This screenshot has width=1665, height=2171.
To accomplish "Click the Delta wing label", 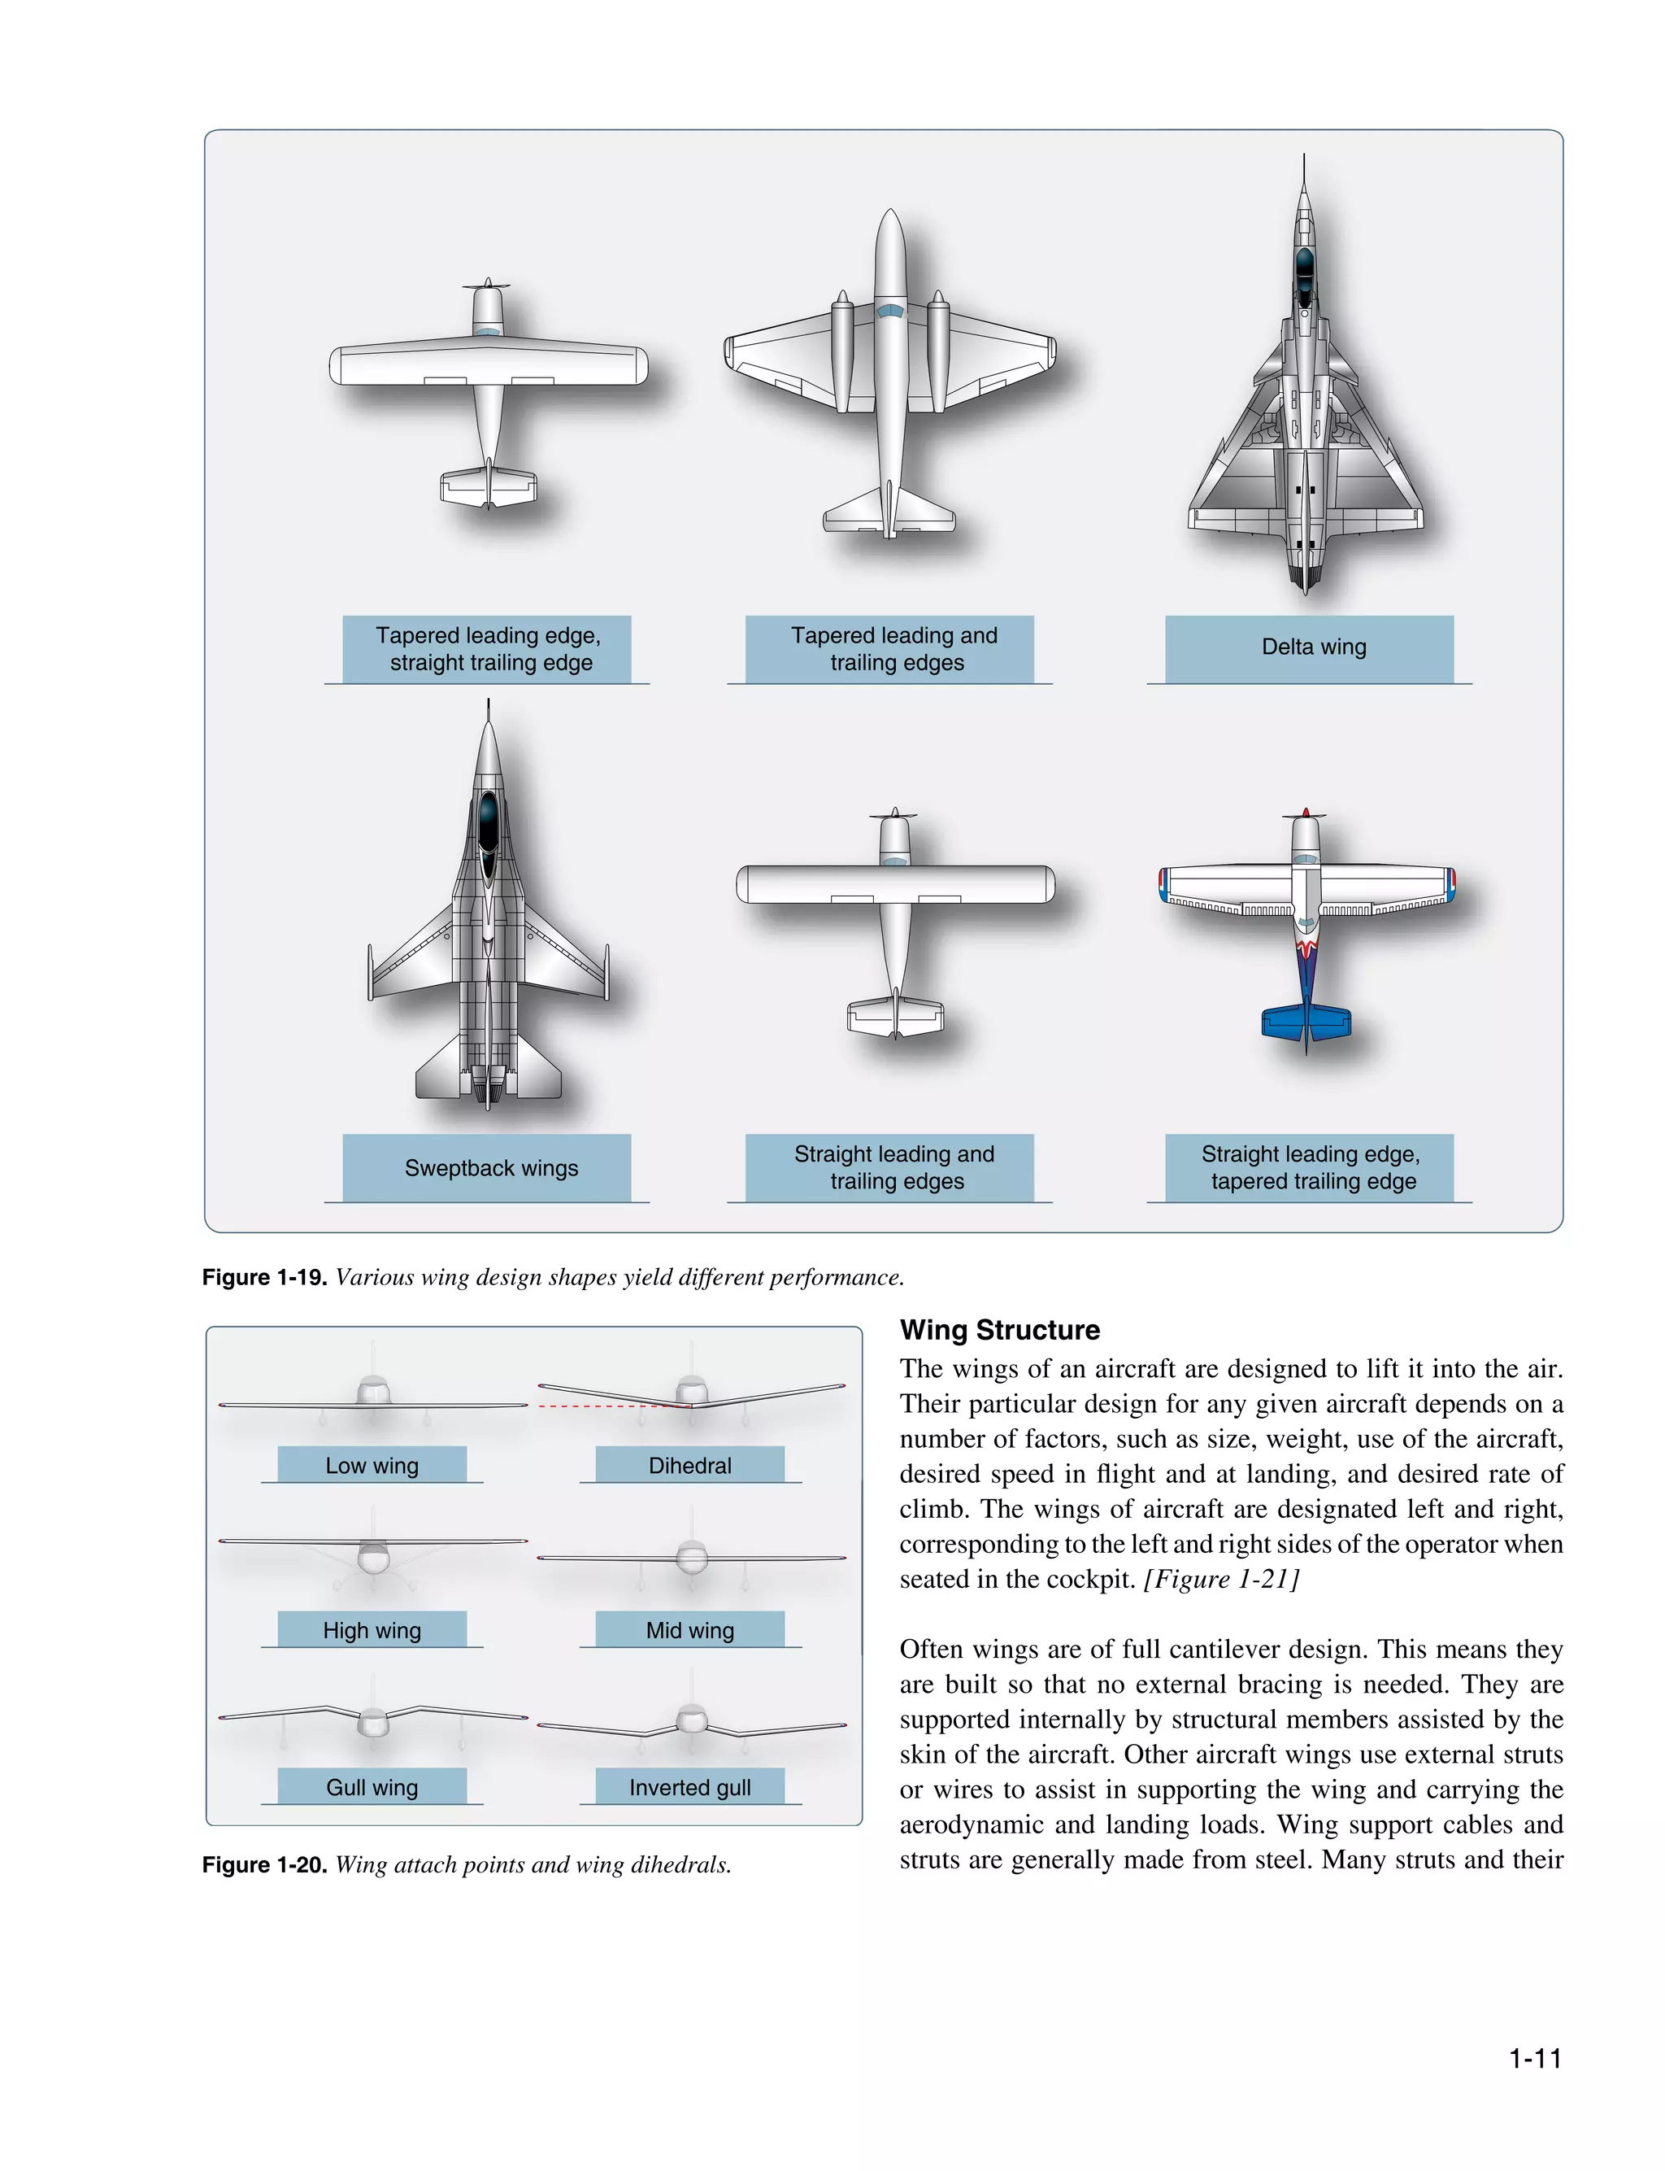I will click(1313, 647).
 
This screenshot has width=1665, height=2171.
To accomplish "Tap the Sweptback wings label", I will click(490, 1168).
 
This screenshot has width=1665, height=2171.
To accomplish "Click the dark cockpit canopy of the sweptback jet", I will click(488, 823).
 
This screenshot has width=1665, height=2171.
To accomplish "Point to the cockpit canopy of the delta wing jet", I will click(1304, 268).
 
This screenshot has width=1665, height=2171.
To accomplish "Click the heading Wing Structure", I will click(999, 1329).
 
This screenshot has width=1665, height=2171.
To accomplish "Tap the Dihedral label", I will click(689, 1465).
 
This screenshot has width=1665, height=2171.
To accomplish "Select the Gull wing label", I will click(372, 1786).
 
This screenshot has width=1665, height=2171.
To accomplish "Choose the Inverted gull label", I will click(689, 1786).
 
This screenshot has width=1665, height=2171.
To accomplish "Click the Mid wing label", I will click(689, 1630).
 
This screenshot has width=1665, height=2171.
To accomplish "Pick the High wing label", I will click(372, 1630).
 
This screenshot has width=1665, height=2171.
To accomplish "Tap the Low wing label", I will click(372, 1465).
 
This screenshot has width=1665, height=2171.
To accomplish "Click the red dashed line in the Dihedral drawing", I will click(605, 1406).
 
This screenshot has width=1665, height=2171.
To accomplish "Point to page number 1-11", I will click(1534, 2059).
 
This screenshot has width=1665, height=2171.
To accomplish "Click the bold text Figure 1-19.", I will click(263, 1277).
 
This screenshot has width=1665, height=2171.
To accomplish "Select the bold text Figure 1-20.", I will click(263, 1864).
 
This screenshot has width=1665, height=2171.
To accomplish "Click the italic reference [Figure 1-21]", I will click(1221, 1578).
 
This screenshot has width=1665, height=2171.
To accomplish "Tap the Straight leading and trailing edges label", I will click(895, 1168).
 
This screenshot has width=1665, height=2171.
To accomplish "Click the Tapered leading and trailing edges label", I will click(895, 648).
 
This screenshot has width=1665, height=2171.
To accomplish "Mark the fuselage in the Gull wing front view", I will click(372, 1723).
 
